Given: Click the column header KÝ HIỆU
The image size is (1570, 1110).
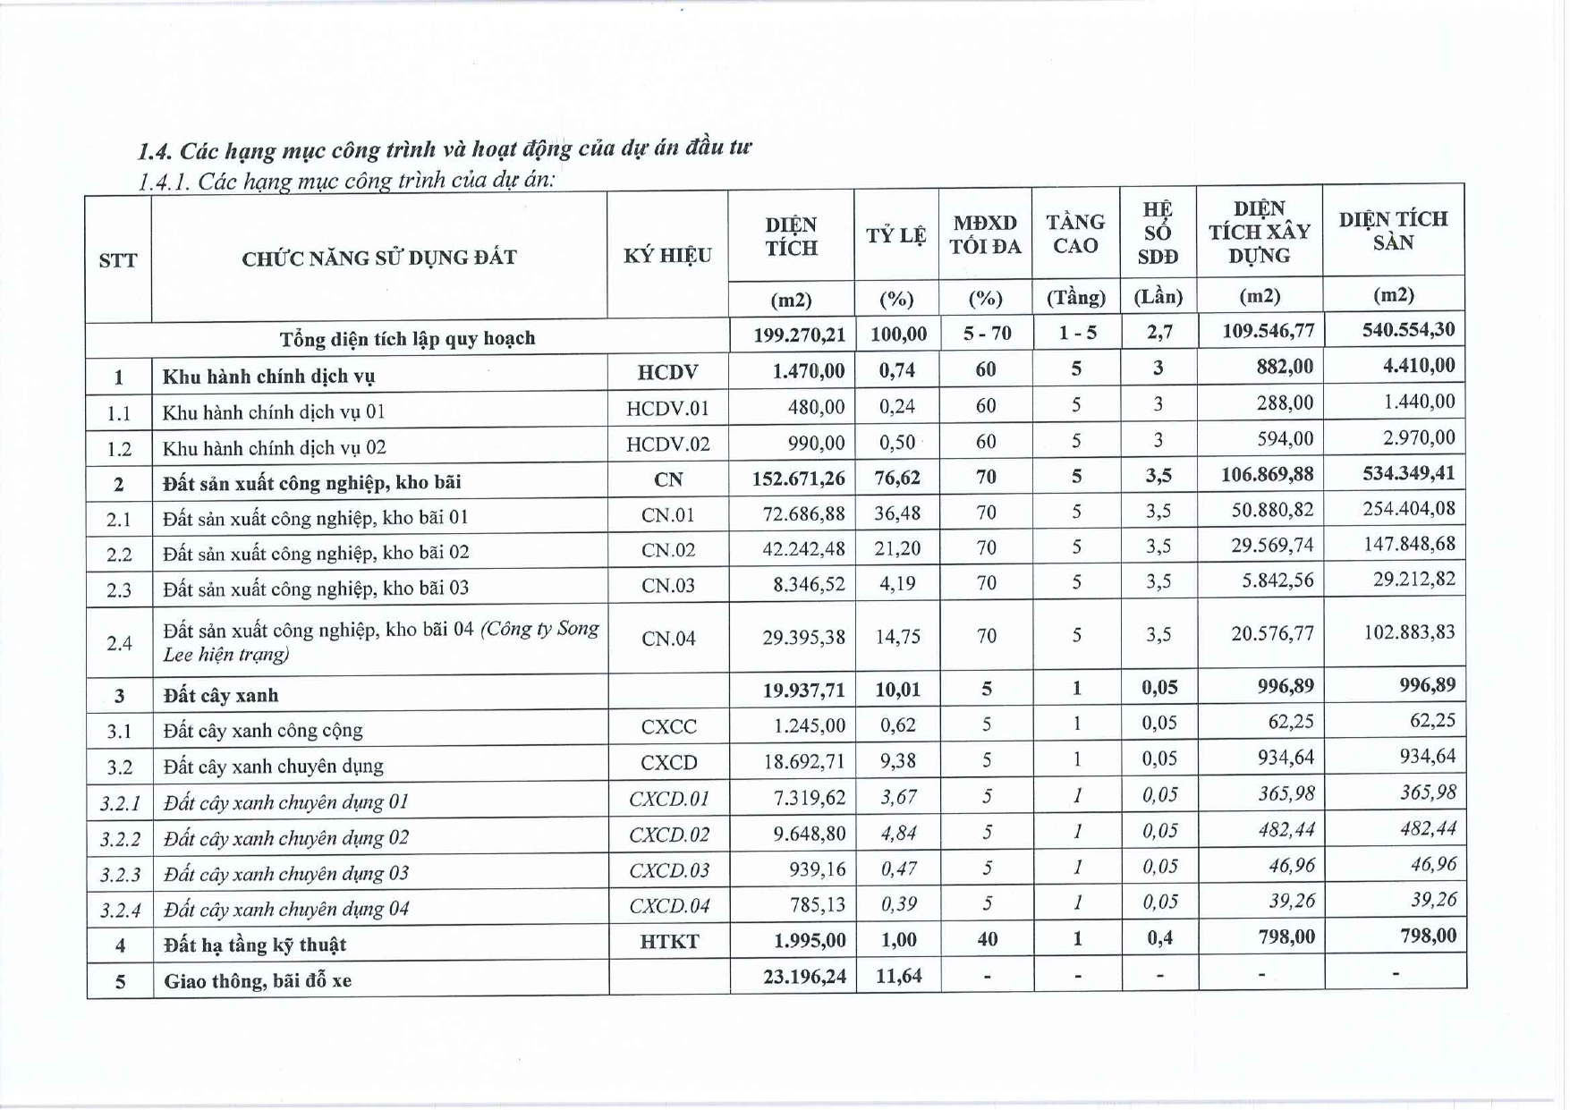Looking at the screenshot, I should click(x=667, y=256).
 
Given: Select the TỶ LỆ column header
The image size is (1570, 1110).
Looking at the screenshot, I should click(x=895, y=236).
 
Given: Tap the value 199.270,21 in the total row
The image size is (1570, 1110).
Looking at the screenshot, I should click(x=799, y=335).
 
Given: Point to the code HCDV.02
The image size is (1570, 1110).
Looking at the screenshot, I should click(x=667, y=445).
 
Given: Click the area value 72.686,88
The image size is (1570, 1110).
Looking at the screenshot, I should click(x=802, y=514).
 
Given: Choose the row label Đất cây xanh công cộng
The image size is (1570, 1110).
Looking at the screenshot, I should click(x=263, y=731).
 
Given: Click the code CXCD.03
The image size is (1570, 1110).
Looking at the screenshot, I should click(x=669, y=870).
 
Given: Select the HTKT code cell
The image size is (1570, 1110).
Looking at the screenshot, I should click(x=669, y=941).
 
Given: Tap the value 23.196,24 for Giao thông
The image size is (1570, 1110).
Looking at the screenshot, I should click(x=804, y=976).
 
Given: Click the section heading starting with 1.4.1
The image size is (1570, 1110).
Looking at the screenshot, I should click(x=346, y=181).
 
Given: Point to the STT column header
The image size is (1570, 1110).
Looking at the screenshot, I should click(x=118, y=260).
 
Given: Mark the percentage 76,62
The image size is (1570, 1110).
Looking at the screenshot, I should click(x=897, y=478).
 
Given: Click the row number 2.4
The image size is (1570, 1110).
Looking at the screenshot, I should click(x=119, y=643).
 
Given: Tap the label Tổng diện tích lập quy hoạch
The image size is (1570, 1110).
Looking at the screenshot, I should click(x=407, y=339).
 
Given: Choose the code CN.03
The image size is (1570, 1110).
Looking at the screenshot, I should click(x=667, y=586).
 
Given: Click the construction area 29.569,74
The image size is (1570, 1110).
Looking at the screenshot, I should click(x=1271, y=546).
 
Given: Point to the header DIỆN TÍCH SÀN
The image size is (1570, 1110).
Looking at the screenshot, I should click(x=1392, y=231).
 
